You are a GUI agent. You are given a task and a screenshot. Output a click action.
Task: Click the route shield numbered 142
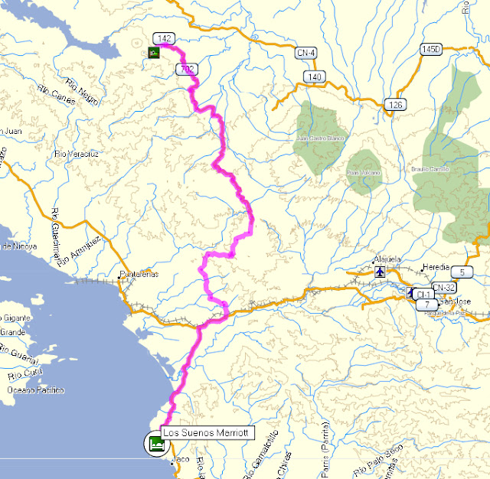163,38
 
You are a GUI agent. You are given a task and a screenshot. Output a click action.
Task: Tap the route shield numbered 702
186,70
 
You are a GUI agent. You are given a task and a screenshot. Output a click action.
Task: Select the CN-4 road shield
305,52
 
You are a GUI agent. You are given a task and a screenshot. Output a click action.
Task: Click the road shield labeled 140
312,77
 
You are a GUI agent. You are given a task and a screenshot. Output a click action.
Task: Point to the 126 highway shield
395,104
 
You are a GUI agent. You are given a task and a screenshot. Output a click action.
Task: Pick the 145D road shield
431,49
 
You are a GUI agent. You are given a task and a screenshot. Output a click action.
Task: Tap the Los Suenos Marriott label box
207,432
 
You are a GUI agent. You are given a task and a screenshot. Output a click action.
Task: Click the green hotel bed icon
156,443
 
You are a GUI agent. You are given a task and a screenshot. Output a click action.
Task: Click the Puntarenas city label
139,274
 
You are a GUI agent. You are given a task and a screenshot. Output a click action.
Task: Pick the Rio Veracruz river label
75,155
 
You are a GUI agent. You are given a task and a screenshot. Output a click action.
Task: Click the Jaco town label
181,459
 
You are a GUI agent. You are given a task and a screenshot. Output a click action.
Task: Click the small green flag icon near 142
154,52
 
